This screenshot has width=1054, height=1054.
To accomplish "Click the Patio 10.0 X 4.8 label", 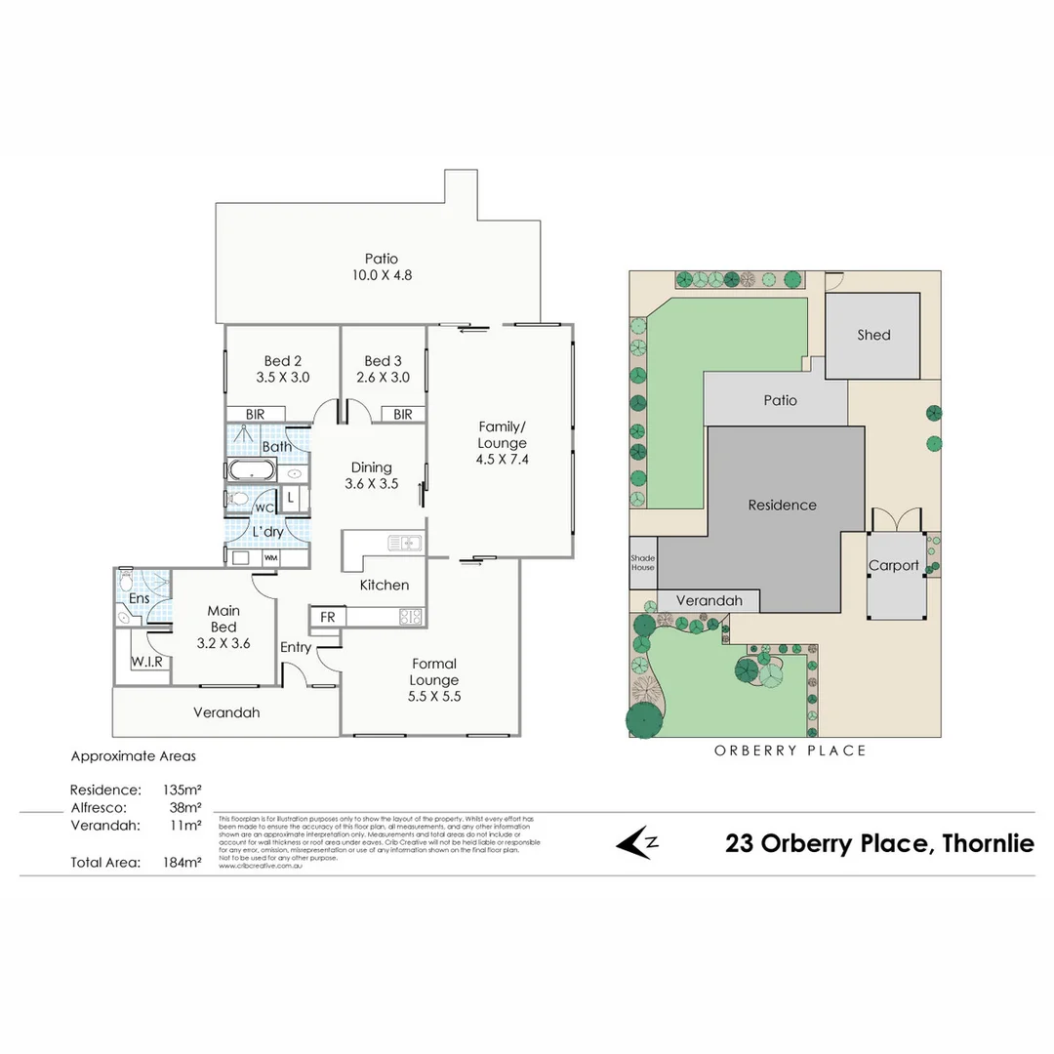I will [382, 266].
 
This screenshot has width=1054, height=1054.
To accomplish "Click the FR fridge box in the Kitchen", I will [327, 617].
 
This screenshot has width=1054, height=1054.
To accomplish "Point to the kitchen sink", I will [403, 543].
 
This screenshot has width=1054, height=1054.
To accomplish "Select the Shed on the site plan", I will [873, 335].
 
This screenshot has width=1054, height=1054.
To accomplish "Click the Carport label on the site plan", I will [894, 566].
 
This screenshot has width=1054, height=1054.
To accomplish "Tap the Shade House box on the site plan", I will [643, 563].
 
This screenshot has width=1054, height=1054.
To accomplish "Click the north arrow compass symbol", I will [639, 842].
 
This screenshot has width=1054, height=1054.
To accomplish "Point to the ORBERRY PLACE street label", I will [790, 750].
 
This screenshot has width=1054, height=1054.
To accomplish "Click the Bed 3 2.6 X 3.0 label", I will [384, 368].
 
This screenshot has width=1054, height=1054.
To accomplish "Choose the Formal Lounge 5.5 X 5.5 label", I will [434, 680].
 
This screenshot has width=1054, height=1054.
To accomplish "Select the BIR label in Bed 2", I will [255, 415].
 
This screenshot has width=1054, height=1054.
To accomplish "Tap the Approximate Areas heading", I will [133, 755].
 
